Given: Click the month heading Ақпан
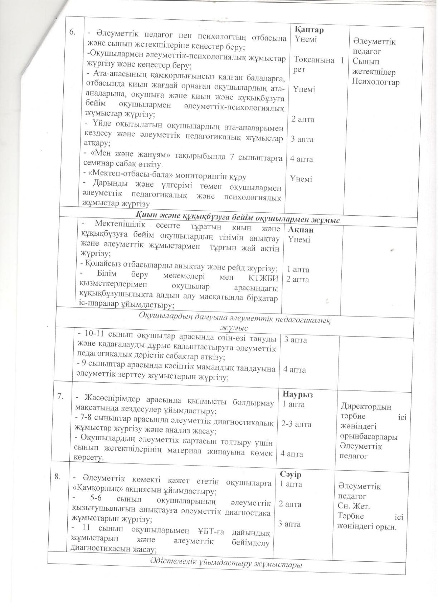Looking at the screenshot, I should point(301,230).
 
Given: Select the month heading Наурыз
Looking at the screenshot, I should point(297,394).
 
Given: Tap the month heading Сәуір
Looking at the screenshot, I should point(291,474).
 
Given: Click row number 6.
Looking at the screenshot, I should point(73,32).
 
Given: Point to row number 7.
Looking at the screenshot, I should point(61,396).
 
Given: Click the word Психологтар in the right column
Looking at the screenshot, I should point(375,82).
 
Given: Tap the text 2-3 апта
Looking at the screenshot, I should point(296,424).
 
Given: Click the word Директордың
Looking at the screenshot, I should point(366,407).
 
